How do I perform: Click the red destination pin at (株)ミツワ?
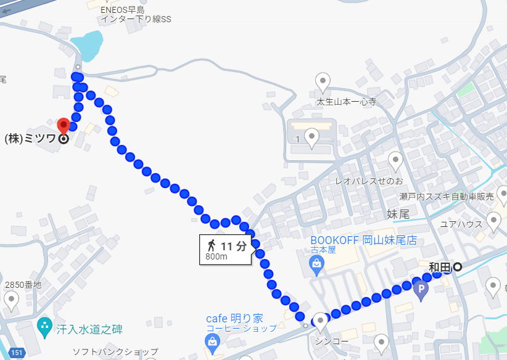[x=63, y=126]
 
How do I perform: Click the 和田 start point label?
[x=440, y=267]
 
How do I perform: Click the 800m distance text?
[x=216, y=257]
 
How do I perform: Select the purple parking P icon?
[x=422, y=288]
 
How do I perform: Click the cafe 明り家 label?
[x=234, y=319]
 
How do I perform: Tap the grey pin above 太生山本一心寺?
[x=323, y=80]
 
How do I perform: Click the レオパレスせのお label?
[x=368, y=181]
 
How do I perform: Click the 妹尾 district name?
[x=398, y=214]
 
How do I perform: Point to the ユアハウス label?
[x=460, y=224]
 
